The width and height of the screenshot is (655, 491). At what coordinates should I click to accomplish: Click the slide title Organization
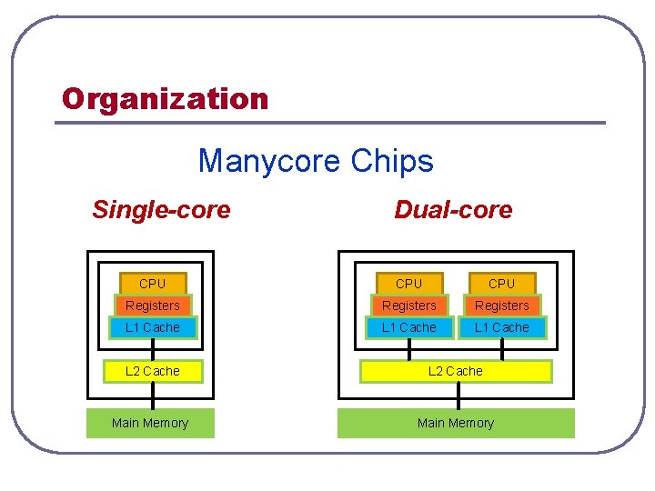[x=165, y=98]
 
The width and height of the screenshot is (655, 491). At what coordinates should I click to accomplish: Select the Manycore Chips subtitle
[x=316, y=161]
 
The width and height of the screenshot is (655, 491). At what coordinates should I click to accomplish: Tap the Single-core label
[x=161, y=210]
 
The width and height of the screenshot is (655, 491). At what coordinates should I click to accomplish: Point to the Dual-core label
[x=453, y=210]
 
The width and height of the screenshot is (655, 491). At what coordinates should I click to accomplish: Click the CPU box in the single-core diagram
[x=152, y=284]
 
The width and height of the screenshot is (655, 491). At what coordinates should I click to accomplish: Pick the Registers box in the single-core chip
[x=152, y=306]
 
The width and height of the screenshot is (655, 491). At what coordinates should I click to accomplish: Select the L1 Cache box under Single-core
[x=152, y=327]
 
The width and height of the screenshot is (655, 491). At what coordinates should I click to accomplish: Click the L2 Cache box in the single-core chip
[x=152, y=371]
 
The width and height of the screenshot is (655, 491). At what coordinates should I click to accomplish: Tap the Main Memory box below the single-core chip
[x=150, y=423]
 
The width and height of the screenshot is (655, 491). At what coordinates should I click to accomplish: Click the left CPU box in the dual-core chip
[x=408, y=284]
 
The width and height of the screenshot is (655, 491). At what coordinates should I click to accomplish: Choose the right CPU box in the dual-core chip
[x=501, y=284]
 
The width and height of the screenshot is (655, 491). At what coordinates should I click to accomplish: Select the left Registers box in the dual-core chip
[x=408, y=306]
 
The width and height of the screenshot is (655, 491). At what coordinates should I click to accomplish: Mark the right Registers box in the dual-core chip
[x=501, y=306]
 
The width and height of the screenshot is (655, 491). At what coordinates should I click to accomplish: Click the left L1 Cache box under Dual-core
[x=408, y=327]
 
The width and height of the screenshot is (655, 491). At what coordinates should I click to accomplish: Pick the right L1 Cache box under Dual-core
[x=501, y=327]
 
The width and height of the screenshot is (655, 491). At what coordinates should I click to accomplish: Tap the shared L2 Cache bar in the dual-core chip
[x=456, y=371]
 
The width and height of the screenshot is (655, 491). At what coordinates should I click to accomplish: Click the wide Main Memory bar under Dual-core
[x=456, y=423]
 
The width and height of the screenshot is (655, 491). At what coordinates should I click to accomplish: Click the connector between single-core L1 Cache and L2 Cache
[x=152, y=349]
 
